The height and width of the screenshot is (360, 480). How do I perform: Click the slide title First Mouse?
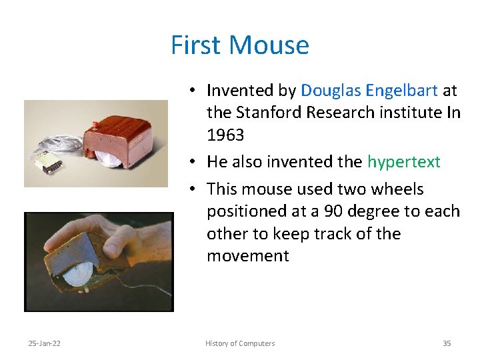240,45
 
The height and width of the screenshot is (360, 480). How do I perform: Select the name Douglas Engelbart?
369,90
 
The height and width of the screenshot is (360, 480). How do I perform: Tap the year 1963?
225,135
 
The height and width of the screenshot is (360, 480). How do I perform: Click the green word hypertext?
403,161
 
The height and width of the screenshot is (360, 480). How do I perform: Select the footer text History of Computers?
240,343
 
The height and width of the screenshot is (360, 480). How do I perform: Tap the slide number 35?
447,343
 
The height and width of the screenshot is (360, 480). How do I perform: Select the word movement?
248,256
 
